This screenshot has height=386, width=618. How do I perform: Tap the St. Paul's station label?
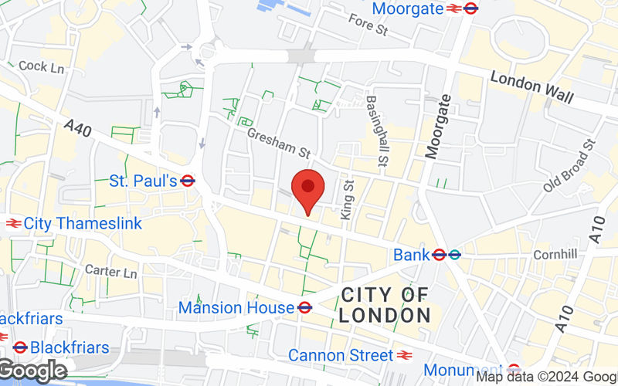click(x=143, y=181)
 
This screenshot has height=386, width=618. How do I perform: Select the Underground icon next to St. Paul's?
click(x=188, y=181)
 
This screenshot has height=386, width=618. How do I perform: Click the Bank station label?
click(x=411, y=254)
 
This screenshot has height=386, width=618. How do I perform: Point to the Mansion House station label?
click(x=236, y=307)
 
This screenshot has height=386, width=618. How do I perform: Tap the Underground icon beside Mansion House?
click(x=304, y=307)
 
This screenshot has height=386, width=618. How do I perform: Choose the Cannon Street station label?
click(x=340, y=355)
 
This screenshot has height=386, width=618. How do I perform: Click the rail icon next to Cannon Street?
click(x=404, y=355)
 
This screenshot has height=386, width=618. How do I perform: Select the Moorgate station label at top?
click(x=408, y=8)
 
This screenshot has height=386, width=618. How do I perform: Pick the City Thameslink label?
click(x=83, y=223)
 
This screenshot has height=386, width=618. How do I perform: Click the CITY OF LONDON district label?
click(x=385, y=304)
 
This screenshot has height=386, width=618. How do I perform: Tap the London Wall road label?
click(x=532, y=86)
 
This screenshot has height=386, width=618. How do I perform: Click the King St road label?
click(x=347, y=198)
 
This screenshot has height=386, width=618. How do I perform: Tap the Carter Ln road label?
click(x=110, y=272)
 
